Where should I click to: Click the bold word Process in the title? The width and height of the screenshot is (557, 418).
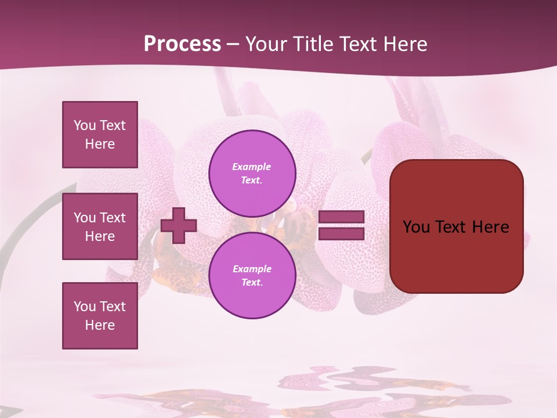coord(182,44)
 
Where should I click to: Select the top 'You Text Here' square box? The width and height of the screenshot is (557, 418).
coord(100,135)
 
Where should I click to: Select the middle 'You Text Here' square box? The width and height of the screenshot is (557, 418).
coord(100,226)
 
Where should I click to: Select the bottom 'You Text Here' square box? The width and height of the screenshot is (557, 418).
coord(100,316)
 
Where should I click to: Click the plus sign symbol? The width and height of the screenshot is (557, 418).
coord(179,225)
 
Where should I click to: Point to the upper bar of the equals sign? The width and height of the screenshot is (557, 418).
coord(341,217)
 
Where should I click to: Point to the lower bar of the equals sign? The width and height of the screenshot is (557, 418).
coord(341,234)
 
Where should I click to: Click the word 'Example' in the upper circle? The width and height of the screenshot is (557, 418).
coord(252,167)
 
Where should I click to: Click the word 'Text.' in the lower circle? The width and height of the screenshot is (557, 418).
coord(252,283)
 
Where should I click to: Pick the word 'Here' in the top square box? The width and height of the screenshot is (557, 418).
coord(100,144)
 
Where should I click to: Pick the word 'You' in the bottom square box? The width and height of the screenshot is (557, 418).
coord(85,307)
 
